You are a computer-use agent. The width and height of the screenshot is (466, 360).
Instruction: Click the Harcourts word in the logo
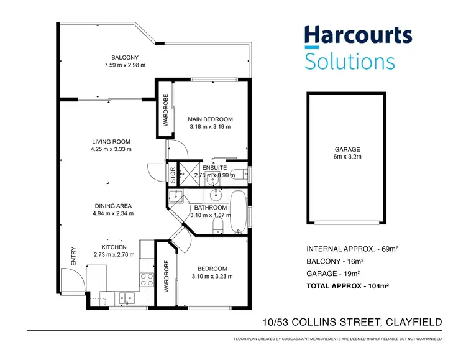point(357,36)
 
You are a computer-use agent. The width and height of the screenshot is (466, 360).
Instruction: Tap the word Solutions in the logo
point(349,61)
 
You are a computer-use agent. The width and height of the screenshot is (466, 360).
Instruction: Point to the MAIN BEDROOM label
point(210,119)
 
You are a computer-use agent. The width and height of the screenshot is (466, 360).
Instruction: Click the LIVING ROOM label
point(111,142)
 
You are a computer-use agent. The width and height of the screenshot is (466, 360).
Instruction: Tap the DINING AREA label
point(113,206)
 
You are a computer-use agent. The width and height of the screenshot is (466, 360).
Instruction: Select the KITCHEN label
point(114,247)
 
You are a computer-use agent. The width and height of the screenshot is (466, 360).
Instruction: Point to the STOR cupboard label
point(173,173)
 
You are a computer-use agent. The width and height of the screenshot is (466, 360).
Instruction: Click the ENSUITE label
point(215,168)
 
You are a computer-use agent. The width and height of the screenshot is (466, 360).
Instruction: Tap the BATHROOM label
point(210,208)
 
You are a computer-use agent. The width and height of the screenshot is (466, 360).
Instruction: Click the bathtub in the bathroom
point(238,212)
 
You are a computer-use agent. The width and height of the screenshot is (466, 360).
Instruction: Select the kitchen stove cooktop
point(147,279)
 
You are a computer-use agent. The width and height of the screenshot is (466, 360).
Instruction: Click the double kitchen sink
point(127,297)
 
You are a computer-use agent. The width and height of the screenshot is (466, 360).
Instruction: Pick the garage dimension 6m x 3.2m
point(347,157)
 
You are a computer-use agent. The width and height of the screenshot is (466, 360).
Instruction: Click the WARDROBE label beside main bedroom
point(166,110)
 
